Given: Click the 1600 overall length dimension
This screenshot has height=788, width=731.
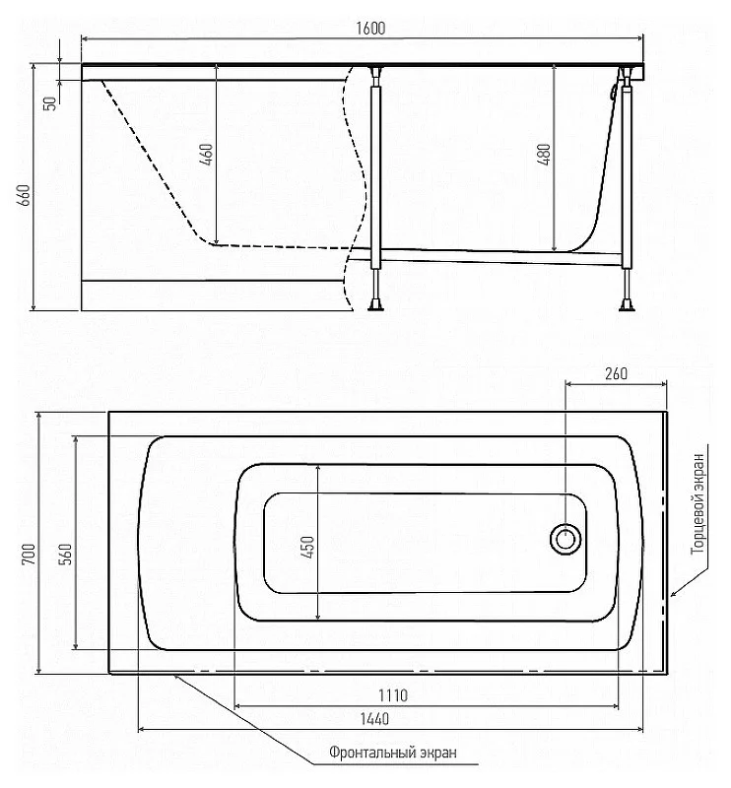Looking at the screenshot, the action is (370, 29).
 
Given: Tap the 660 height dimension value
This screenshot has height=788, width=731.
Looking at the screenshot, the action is (24, 195).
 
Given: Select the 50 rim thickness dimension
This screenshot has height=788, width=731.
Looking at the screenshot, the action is (50, 103).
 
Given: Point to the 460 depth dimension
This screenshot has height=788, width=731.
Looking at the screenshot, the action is (207, 155).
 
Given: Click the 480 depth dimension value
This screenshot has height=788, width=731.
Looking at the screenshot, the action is (544, 155).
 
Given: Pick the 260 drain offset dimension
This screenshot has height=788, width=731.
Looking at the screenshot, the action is (616, 373).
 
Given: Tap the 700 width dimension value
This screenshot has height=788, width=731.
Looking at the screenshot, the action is (30, 554).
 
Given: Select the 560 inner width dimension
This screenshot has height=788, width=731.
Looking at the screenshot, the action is (66, 554).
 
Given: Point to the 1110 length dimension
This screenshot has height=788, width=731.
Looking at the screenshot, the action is (393, 695).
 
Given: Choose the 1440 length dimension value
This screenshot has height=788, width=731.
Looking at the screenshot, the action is (374, 719).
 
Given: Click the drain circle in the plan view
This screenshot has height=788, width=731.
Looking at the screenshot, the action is (565, 539).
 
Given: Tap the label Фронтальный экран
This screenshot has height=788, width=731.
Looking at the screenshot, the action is (393, 753).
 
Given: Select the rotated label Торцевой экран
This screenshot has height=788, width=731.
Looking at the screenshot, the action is (698, 503).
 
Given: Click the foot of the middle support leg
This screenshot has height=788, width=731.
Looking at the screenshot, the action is (376, 305).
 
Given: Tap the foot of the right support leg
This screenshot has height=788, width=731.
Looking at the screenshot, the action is (627, 305).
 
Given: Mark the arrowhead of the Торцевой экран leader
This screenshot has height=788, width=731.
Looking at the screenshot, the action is (674, 594).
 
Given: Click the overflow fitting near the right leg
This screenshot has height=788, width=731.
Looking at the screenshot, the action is (613, 91).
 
